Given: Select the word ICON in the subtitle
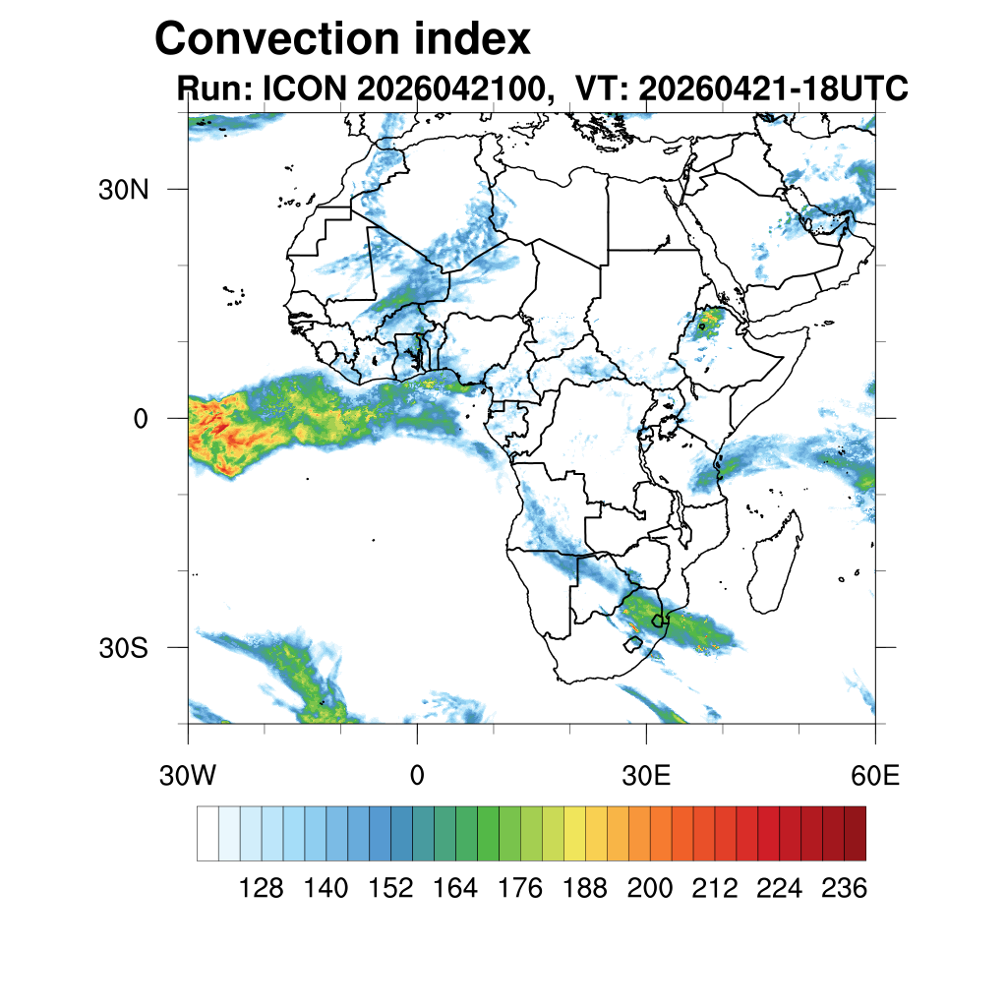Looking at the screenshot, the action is [305, 88].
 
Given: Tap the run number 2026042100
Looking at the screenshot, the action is [455, 89].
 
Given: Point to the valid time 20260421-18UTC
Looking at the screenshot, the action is [773, 88].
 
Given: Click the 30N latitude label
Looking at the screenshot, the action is [123, 190].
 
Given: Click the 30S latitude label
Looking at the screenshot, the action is [123, 649].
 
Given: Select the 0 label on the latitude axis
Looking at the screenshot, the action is [141, 419].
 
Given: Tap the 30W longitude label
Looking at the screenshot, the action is [188, 776].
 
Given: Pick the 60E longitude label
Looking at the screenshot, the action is [875, 776].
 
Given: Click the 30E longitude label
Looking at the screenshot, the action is [646, 776].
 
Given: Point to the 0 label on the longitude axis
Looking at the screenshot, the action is [417, 776].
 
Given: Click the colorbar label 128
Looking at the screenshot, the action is [262, 889].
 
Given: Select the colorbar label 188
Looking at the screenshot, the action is [585, 889].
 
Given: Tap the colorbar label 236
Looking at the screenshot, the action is [845, 889].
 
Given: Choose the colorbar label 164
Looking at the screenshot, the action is [455, 889].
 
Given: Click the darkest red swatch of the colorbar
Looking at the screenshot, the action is [856, 834].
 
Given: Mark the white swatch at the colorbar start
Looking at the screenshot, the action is [208, 834].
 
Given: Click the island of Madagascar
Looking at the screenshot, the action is [777, 563].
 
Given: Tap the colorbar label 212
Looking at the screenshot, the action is [715, 889].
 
